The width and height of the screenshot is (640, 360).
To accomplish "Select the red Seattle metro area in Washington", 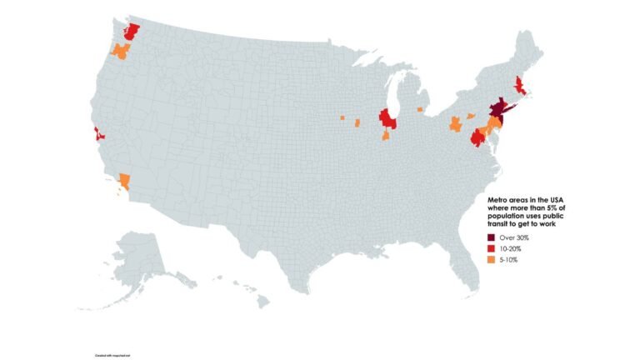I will click(132, 32).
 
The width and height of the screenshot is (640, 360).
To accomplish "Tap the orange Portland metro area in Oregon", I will click(121, 52).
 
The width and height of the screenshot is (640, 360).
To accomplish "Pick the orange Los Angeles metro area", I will click(124, 179).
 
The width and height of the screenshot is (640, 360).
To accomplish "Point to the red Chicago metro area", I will click(387, 119).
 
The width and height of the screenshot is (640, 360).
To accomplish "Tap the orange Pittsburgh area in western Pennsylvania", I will click(455, 124).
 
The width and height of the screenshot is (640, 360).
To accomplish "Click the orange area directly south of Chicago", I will click(386, 135).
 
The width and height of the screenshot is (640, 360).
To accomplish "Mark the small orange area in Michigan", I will click(420, 109).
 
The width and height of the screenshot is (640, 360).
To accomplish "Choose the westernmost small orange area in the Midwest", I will click(342, 118).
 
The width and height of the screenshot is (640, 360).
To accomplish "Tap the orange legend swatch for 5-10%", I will click(492, 261).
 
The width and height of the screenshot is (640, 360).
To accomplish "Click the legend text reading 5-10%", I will click(509, 261).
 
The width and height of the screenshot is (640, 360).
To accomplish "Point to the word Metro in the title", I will click(497, 201).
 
